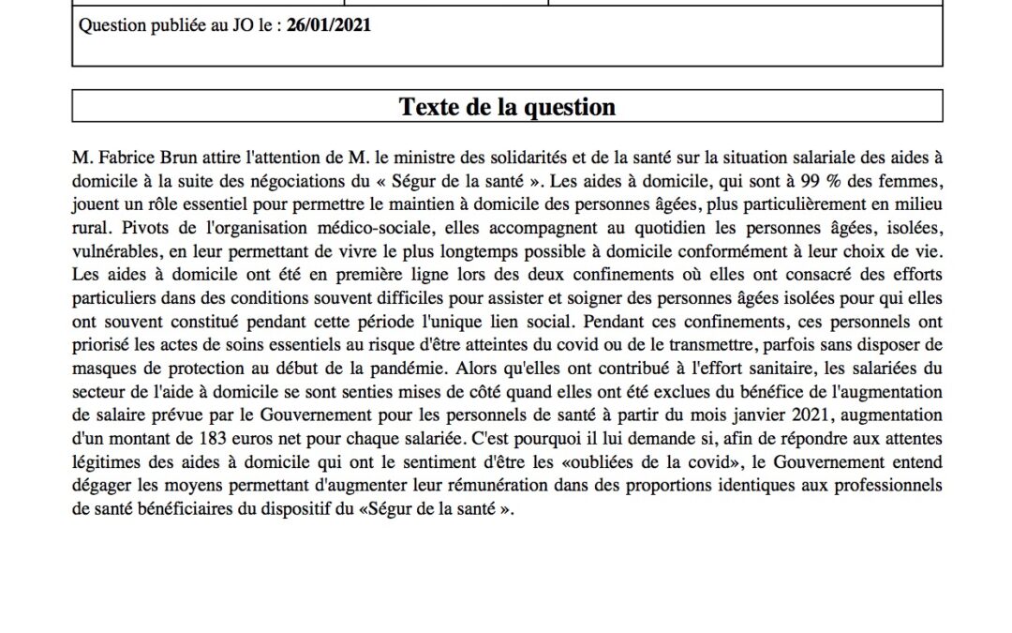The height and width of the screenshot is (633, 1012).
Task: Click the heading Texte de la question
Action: (x=507, y=107)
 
